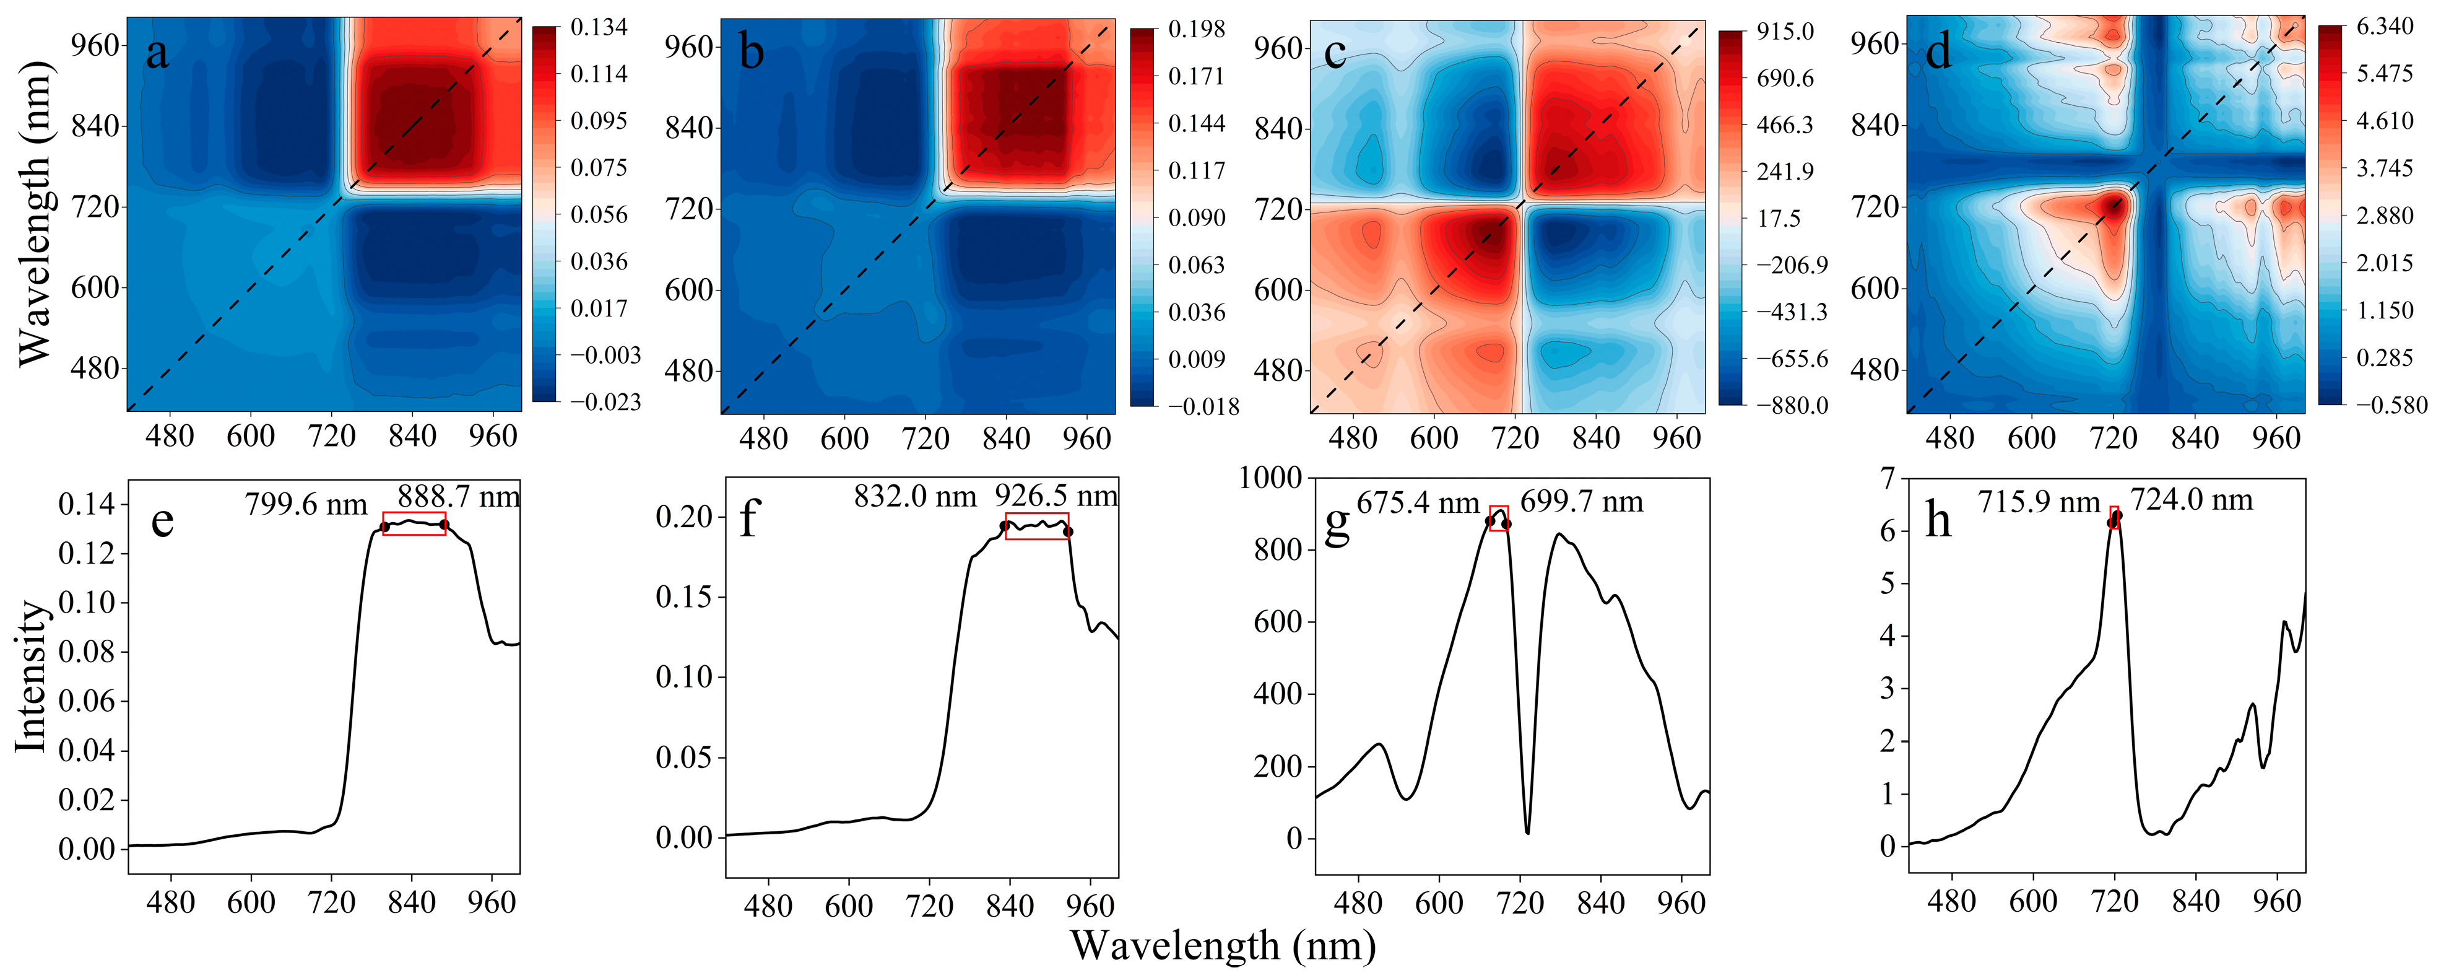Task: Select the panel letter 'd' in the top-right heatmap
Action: tap(1939, 51)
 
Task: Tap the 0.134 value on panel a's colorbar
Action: tap(599, 27)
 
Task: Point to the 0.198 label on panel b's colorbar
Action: tap(1197, 29)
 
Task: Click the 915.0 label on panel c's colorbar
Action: tap(1785, 31)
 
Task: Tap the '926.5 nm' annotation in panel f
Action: tap(1056, 496)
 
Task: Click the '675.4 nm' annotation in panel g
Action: tap(1418, 503)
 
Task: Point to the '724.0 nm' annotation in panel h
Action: tap(2192, 499)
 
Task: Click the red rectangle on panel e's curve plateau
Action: tap(414, 523)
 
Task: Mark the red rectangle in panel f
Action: tap(1037, 527)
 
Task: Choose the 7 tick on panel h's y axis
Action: tap(1889, 479)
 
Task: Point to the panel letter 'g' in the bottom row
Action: tap(1336, 524)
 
